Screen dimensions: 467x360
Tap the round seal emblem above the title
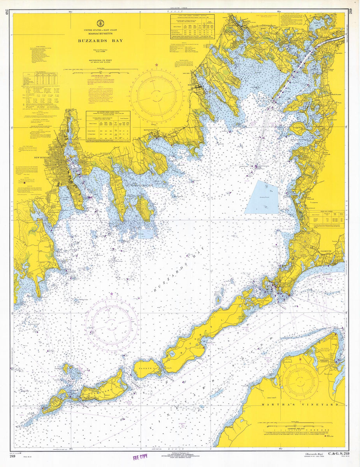click(x=100, y=23)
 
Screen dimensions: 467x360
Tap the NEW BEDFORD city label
click(x=32, y=157)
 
